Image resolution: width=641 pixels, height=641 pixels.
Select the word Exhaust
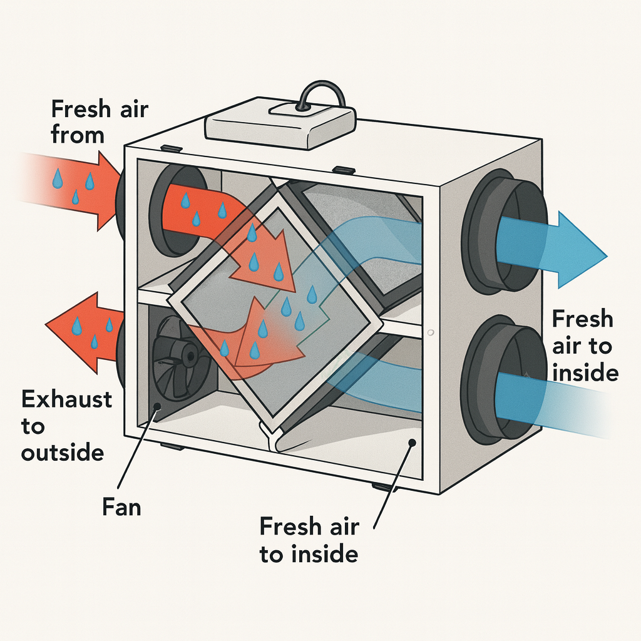tap(66, 399)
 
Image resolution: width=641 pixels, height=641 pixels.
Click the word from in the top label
tap(77, 135)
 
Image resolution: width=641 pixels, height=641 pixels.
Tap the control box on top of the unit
tap(280, 125)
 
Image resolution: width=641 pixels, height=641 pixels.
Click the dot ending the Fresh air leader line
tap(413, 443)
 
